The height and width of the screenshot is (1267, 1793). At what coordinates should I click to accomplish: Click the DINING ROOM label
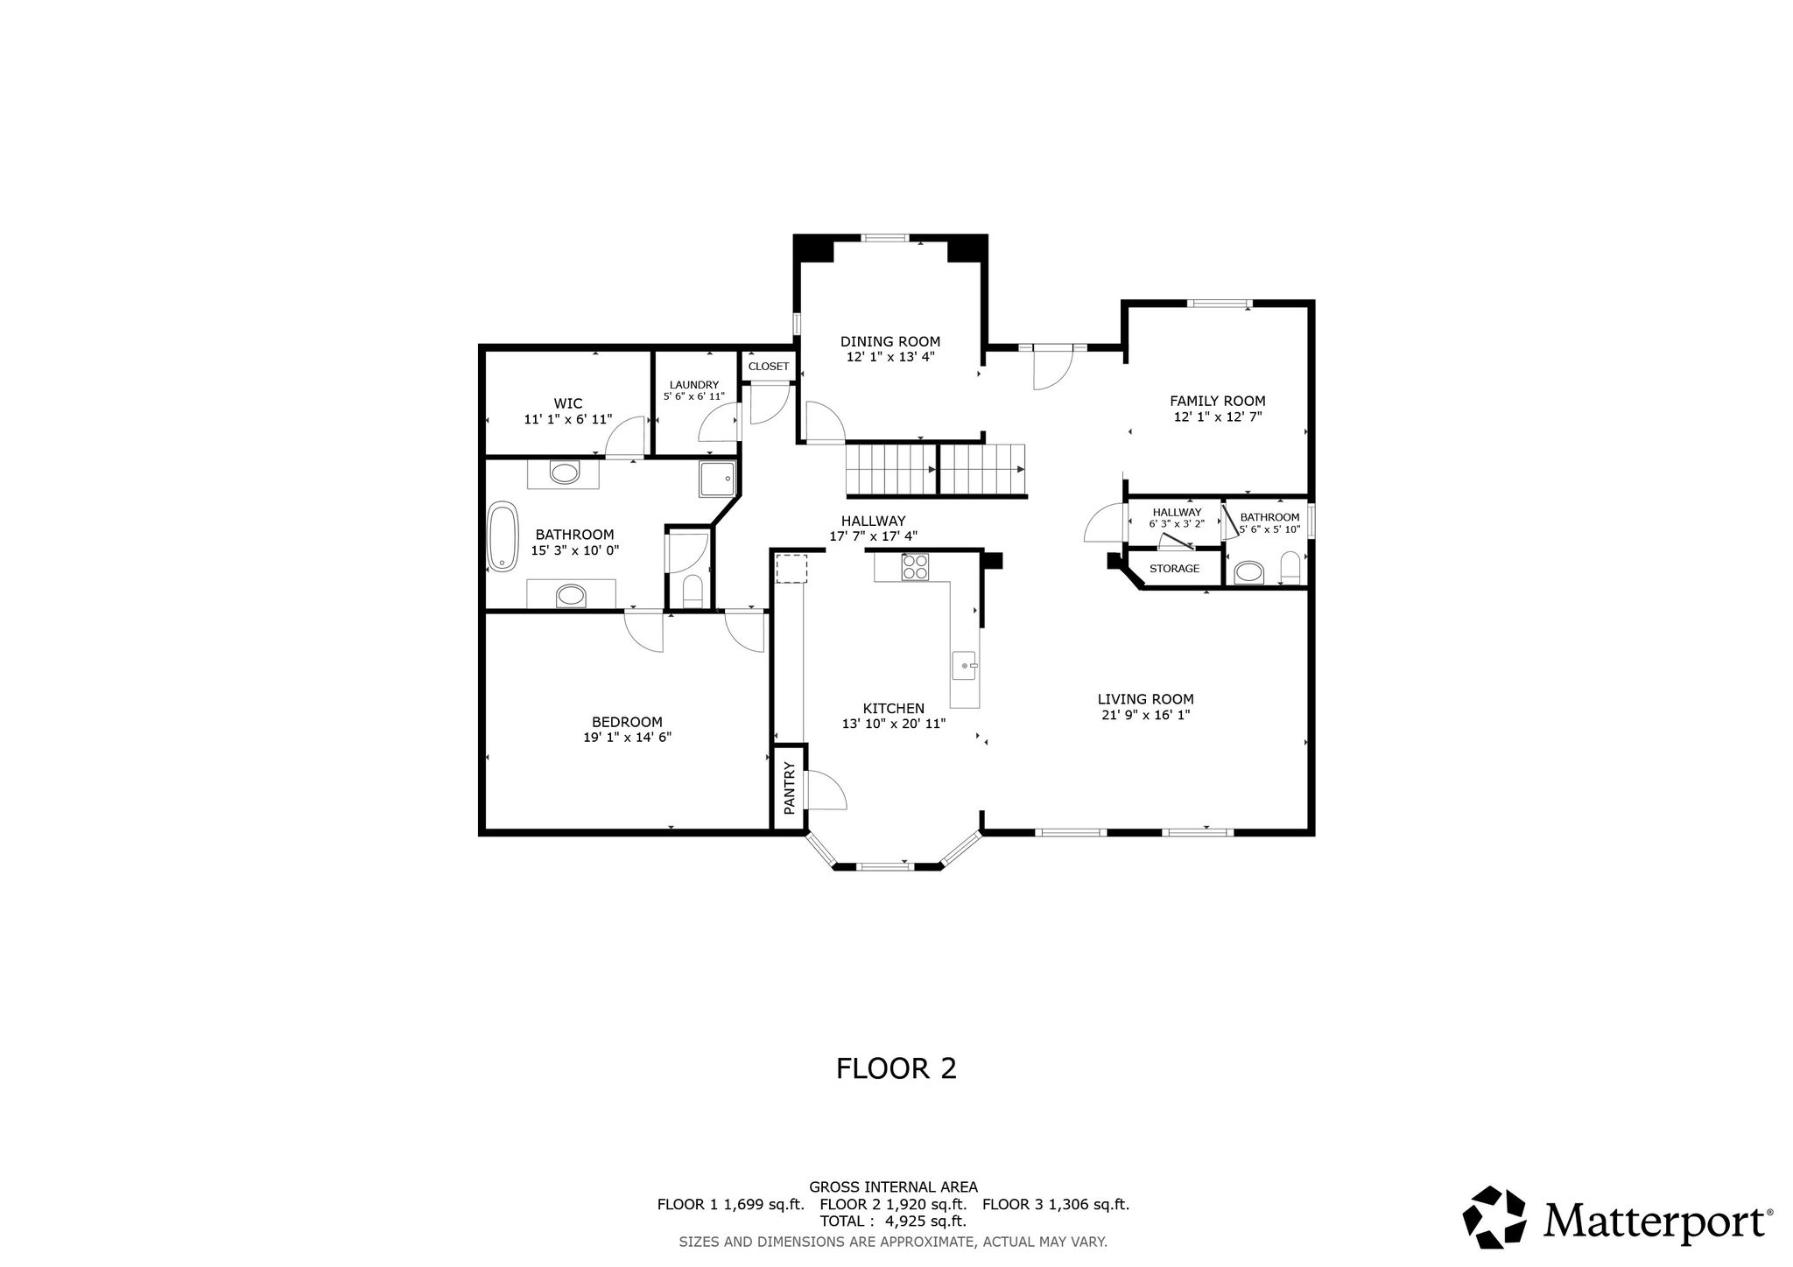pos(890,341)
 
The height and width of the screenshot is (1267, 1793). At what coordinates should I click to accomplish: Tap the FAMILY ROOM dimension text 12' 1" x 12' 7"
pos(1218,416)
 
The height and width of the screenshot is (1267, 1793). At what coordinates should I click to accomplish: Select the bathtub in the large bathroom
pos(503,536)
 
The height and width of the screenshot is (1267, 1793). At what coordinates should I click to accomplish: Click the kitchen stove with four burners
pos(915,567)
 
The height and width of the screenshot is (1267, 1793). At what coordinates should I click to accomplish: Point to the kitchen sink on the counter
pos(966,667)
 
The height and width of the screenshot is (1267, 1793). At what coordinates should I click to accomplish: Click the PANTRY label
pos(789,788)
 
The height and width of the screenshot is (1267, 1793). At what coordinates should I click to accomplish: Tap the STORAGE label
pos(1174,569)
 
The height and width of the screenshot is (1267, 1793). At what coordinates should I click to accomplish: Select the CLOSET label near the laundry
pos(769,367)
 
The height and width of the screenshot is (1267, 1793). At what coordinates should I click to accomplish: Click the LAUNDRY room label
pos(694,385)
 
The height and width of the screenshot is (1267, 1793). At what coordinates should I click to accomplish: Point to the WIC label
pos(568,403)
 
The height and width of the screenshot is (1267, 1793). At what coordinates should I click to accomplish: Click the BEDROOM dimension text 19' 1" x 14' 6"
pos(628,738)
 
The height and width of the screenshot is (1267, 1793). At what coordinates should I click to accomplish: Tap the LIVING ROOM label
pos(1146,699)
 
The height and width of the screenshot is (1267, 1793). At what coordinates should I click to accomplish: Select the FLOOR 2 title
pos(896,1068)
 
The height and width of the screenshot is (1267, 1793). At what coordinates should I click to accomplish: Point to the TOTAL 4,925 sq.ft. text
pos(893,1221)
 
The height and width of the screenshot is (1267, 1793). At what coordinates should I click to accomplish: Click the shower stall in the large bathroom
pos(718,479)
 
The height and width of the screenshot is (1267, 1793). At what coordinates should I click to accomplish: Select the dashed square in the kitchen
pos(791,569)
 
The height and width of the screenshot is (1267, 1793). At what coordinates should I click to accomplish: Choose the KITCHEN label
pos(893,709)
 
